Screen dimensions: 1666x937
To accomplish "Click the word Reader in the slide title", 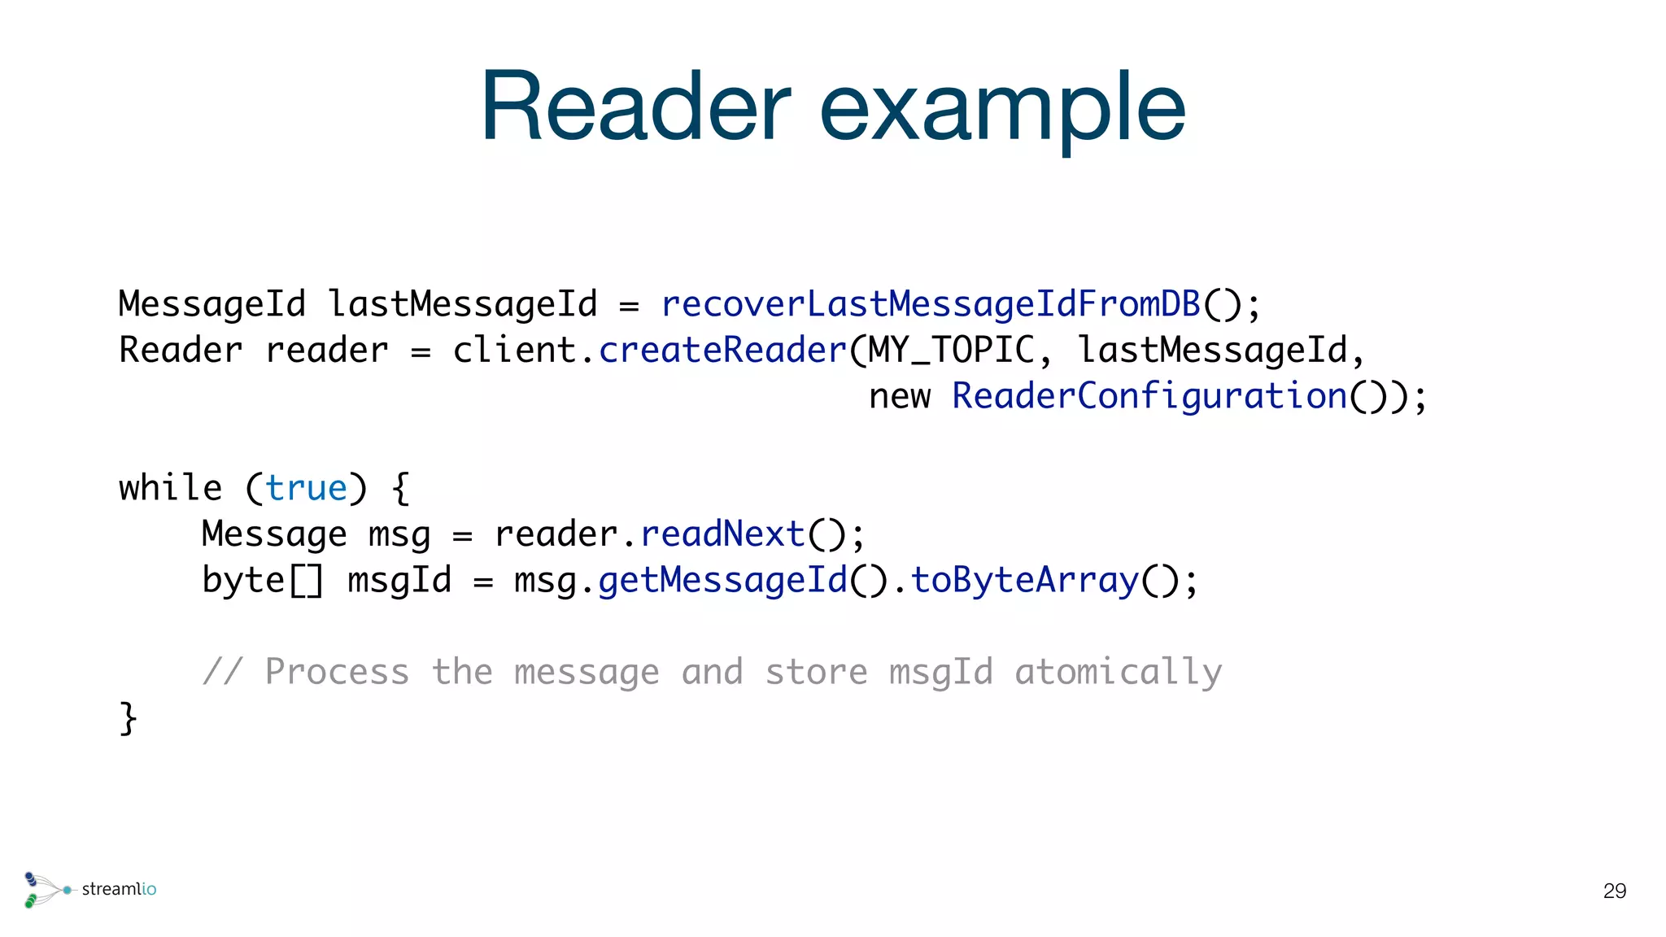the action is point(635,108).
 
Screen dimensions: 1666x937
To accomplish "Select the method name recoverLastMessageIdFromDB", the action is point(931,304).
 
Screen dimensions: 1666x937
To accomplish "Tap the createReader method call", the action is point(723,351).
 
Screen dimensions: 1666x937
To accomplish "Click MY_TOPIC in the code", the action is point(951,351).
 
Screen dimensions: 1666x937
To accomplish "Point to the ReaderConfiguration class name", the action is point(1149,397).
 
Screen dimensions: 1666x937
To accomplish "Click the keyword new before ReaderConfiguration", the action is point(899,397).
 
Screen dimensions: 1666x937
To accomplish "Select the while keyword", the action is point(170,488).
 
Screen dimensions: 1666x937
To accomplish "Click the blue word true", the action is point(306,489).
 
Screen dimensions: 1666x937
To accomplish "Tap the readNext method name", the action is point(722,534).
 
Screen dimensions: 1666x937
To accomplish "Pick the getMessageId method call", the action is point(722,581).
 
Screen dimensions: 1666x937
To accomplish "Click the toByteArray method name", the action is point(1024,581).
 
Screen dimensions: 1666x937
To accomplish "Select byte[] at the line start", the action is point(262,581).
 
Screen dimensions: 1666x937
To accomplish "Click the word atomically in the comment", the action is point(1118,673).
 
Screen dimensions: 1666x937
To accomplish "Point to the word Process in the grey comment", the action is point(337,673).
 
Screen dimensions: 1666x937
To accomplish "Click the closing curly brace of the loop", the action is point(129,719).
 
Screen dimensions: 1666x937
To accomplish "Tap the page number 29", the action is point(1614,891).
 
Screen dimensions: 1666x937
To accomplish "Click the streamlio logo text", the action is point(119,889).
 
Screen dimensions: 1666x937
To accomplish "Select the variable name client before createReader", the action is point(514,351).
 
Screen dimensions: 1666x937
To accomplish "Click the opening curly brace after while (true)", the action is point(400,489).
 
